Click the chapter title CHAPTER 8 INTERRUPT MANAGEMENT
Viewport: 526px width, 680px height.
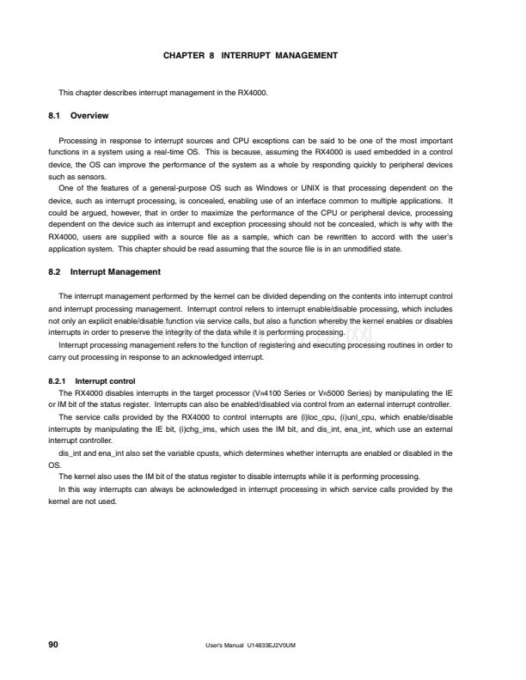click(250, 55)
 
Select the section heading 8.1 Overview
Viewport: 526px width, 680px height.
click(77, 114)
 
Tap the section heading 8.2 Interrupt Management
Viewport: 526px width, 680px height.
click(104, 272)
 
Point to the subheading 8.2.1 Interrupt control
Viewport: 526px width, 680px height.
click(88, 380)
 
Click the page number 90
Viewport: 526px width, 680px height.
click(53, 642)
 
